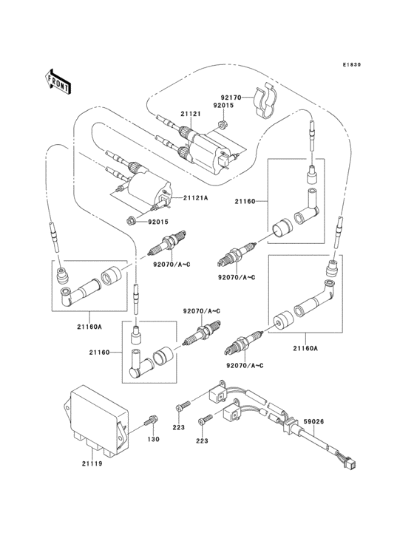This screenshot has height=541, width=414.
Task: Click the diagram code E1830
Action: tap(351, 65)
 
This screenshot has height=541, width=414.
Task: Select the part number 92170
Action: tap(230, 96)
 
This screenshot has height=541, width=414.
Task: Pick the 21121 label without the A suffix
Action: tap(191, 114)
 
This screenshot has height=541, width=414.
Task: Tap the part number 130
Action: tap(153, 440)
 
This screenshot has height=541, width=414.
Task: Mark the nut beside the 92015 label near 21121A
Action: tap(132, 220)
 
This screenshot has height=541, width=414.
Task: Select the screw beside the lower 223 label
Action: tap(205, 421)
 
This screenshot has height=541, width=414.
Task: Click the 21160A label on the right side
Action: tap(305, 347)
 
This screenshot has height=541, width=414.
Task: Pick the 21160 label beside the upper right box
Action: tap(246, 200)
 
